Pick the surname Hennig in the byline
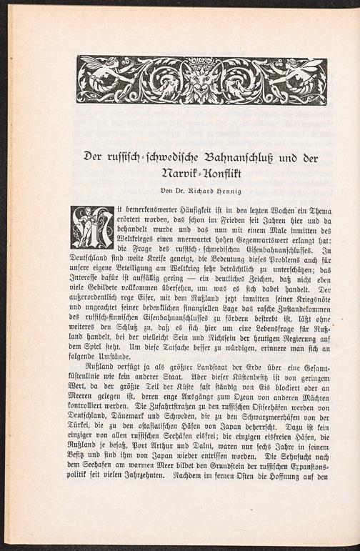pos(242,191)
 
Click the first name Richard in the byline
pos(209,191)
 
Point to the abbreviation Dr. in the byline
pos(183,191)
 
